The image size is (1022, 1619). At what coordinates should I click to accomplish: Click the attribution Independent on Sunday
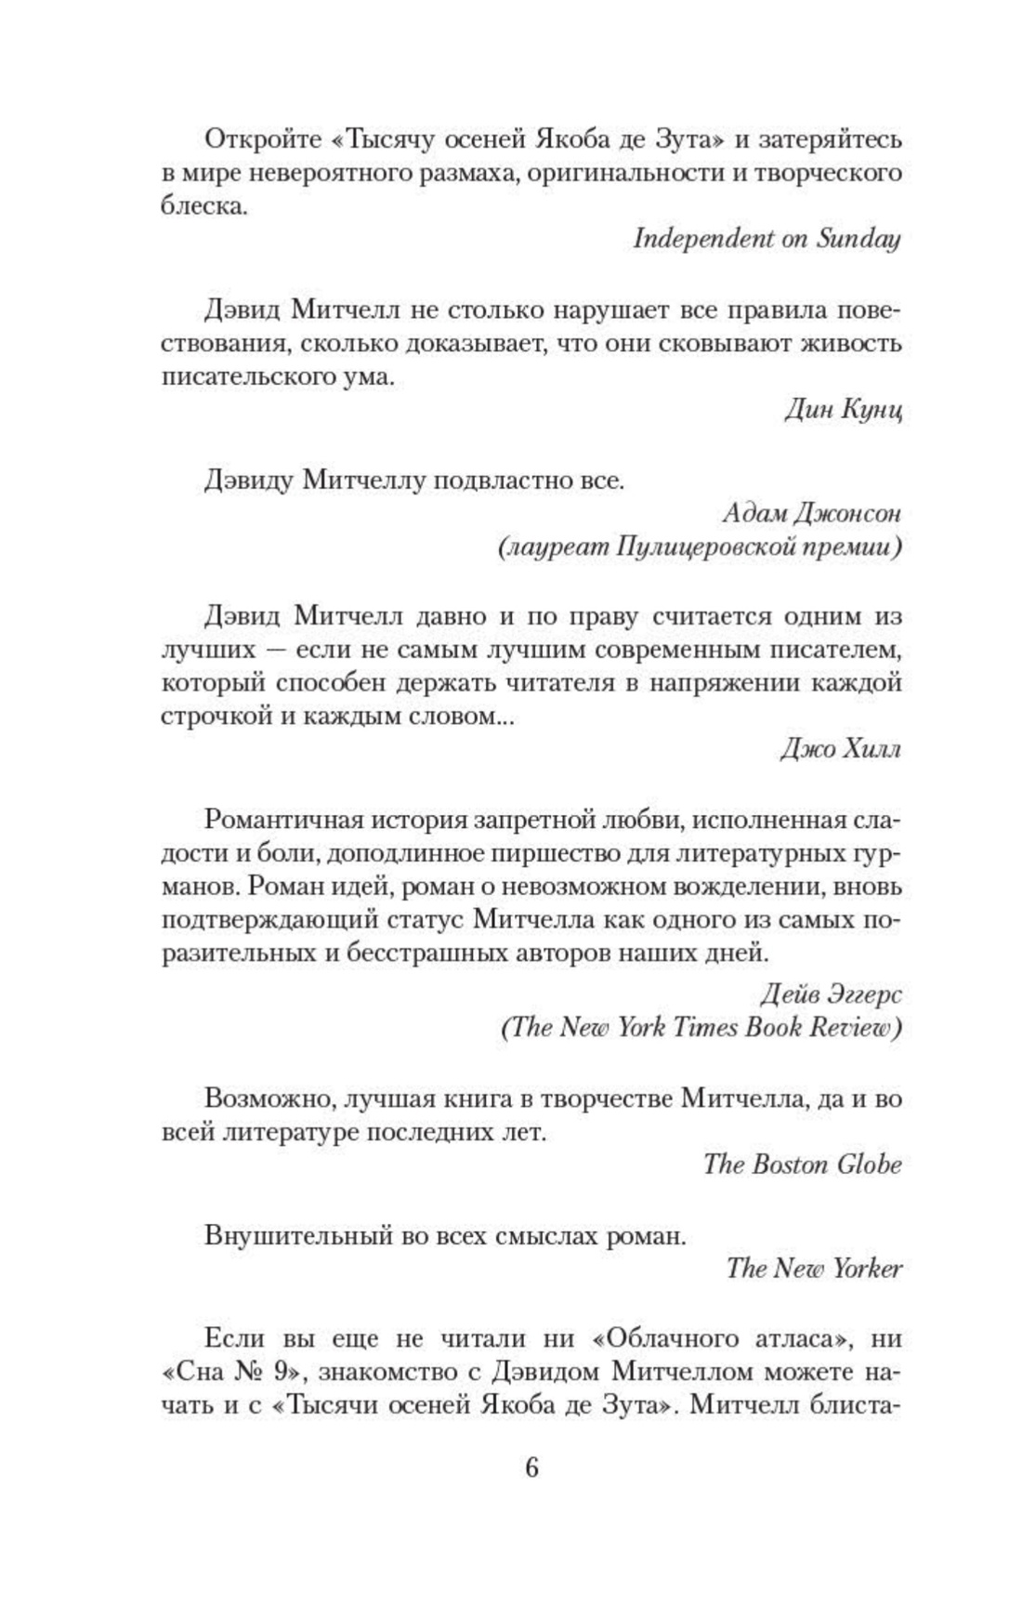coord(766,239)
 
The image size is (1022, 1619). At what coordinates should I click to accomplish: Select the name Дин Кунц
coord(843,410)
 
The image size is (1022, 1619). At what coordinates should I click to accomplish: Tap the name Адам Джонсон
coord(811,513)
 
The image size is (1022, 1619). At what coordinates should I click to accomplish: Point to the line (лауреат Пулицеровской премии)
coord(700,547)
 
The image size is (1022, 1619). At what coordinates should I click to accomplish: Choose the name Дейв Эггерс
coord(830,994)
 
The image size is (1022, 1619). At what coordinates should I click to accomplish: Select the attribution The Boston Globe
coord(802,1165)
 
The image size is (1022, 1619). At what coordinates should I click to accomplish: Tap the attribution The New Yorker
coord(814,1268)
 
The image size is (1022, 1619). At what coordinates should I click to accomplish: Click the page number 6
coord(531,1468)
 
